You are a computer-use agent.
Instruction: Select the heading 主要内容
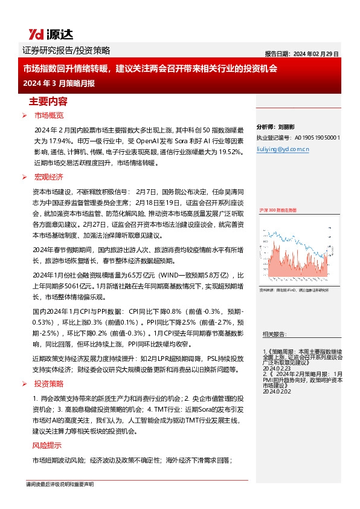49,101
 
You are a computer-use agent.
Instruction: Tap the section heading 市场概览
48,115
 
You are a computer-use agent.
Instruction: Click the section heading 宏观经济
48,177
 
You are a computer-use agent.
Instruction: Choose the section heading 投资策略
48,384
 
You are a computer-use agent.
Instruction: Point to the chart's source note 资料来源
293,291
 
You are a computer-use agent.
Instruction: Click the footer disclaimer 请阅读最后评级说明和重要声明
59,485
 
